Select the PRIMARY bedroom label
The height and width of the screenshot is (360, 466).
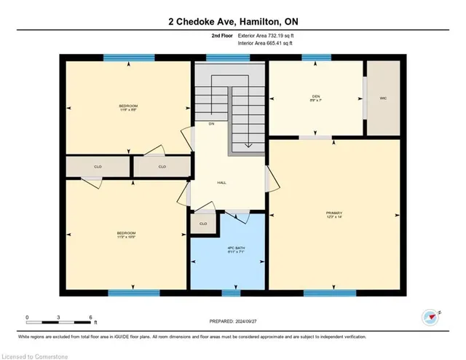[x=334, y=214]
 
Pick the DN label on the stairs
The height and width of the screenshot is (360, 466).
[x=211, y=124]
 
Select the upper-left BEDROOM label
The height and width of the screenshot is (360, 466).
[x=128, y=106]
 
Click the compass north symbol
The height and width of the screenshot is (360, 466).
[x=430, y=316]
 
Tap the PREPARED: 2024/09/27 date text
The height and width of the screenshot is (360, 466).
[x=233, y=321]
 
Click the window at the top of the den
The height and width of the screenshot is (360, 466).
[x=316, y=58]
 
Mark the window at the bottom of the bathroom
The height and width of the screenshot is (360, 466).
[x=231, y=293]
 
